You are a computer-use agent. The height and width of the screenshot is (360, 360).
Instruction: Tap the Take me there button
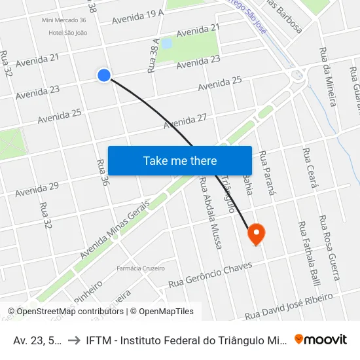[180, 160]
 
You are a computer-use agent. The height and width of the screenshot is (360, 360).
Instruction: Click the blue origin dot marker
[103, 75]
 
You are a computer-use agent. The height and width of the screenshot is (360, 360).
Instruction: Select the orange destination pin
[255, 233]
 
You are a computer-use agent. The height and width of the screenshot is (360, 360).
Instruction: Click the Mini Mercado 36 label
[63, 21]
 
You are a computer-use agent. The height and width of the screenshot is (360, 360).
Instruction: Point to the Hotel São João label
[67, 32]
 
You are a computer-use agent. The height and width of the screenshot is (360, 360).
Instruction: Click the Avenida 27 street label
[185, 120]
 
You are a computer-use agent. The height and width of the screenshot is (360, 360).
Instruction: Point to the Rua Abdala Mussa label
[210, 213]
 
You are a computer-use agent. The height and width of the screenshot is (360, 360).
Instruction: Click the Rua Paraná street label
[264, 173]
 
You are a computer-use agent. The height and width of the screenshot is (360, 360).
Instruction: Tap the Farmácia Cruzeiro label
[141, 268]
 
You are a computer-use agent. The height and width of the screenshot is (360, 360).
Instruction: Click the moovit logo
[321, 339]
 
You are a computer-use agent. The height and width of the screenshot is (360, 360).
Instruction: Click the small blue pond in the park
[166, 44]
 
